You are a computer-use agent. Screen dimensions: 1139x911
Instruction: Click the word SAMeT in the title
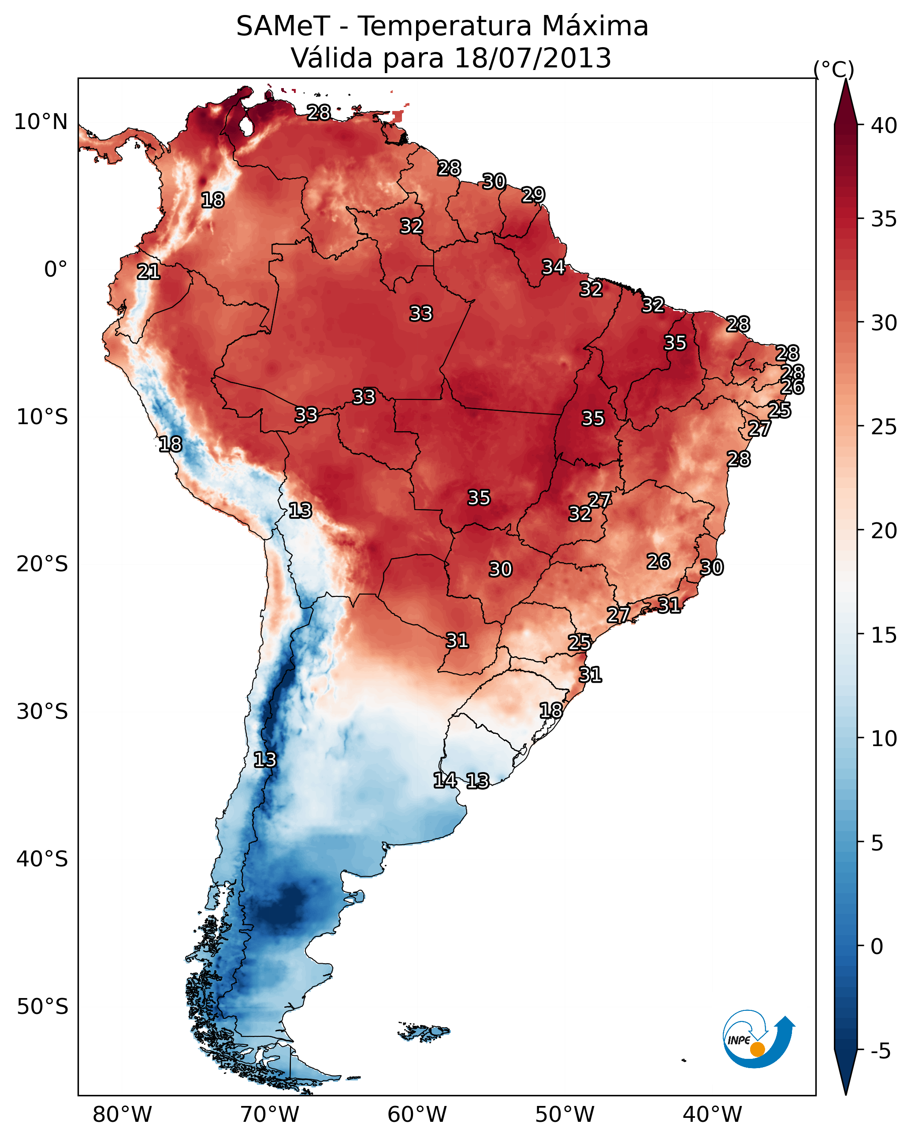click(283, 26)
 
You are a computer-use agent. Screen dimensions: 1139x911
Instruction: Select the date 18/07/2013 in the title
click(532, 58)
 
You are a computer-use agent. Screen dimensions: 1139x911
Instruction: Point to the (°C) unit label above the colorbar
click(833, 69)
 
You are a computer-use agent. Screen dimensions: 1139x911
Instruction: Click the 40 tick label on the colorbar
click(884, 126)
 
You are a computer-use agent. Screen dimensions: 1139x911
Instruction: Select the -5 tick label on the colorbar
click(880, 1051)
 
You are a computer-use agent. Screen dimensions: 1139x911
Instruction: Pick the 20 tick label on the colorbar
click(884, 531)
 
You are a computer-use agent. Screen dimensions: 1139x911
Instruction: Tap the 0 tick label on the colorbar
click(877, 946)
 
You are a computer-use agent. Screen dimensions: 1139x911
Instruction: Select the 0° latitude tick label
click(56, 270)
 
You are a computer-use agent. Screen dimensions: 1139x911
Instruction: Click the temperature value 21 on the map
click(148, 272)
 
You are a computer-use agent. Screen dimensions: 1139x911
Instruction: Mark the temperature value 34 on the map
click(553, 267)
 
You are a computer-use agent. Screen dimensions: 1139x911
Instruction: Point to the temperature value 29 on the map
click(533, 195)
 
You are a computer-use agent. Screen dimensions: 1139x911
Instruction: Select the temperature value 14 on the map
click(445, 780)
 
